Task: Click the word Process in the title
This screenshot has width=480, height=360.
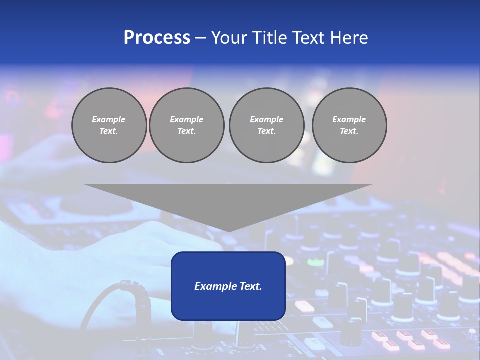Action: [157, 38]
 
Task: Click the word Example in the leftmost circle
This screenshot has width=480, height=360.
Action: [109, 119]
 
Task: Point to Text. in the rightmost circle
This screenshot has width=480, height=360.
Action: [349, 131]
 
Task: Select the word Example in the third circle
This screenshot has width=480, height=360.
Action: [266, 119]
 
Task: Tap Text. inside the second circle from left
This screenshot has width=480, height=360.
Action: [186, 131]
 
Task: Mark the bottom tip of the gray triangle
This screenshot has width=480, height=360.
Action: [228, 231]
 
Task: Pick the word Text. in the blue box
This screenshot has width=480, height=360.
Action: [250, 286]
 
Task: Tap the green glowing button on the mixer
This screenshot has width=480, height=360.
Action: [315, 262]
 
